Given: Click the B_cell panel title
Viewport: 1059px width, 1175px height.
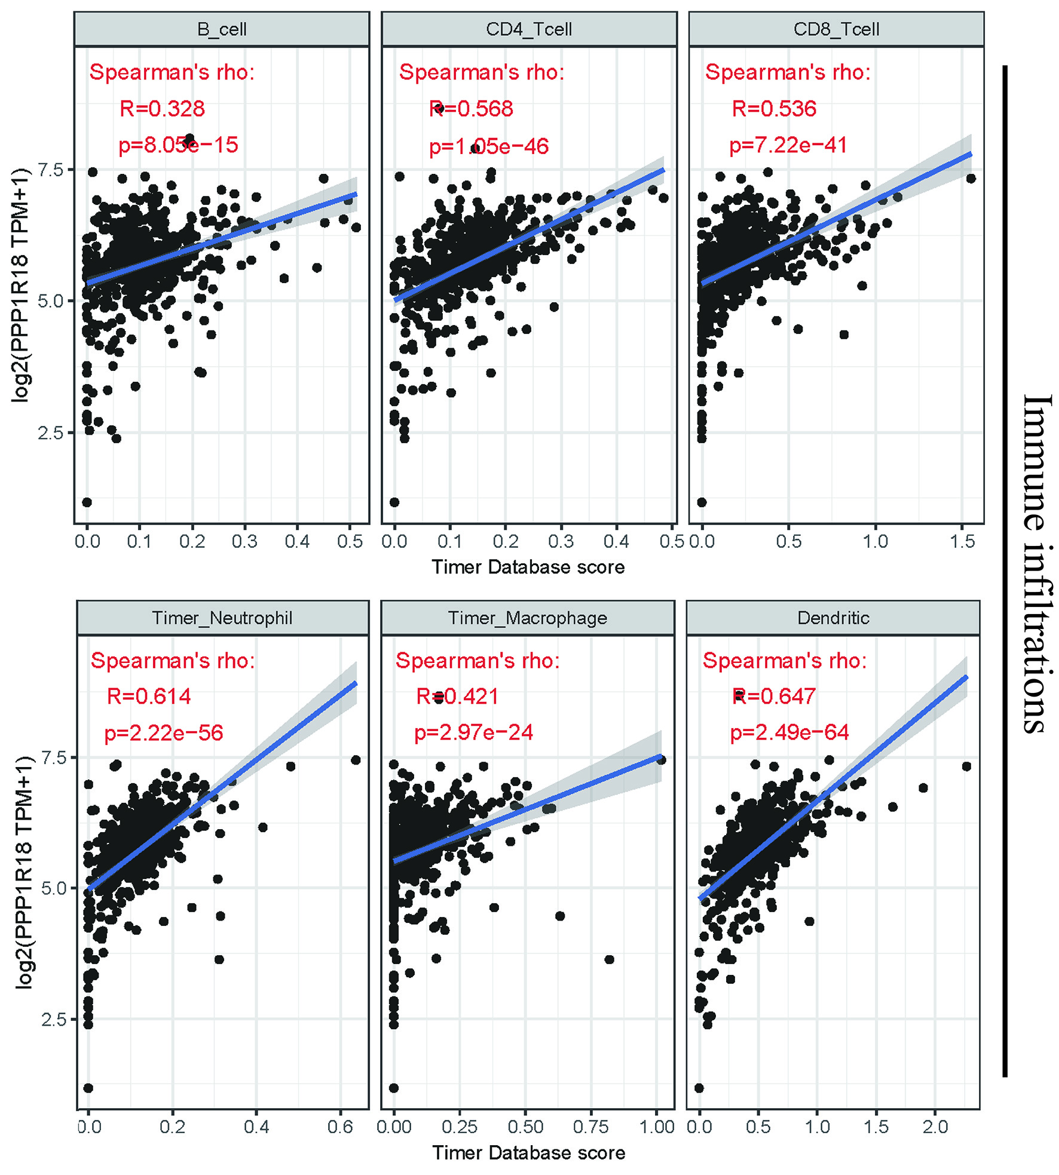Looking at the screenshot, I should pos(222,29).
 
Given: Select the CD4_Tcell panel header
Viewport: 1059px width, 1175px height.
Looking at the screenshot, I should pos(529,29).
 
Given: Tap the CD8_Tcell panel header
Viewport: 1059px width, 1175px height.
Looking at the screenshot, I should pos(836,29).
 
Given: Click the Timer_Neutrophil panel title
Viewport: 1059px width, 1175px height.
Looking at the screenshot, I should pos(222,618).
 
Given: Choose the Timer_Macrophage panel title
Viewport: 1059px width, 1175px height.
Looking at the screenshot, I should pos(528,618).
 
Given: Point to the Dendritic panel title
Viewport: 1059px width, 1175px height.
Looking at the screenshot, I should pos(833,618).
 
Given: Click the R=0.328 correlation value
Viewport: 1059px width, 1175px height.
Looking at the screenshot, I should pos(162,109).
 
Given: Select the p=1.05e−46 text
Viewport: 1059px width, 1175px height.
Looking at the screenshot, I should pos(489,146).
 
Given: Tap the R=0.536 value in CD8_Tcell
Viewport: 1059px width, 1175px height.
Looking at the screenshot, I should pos(774,109).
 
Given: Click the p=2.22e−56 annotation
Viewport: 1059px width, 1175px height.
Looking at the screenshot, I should pos(164,733).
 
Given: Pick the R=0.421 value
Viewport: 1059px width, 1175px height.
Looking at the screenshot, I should pos(457,697).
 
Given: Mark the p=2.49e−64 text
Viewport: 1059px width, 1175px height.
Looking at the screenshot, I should pos(789,732).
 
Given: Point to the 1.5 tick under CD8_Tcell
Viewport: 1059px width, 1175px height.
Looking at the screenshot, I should pos(962,541).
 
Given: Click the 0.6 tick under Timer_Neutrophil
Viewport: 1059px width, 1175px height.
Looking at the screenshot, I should pos(340,1127).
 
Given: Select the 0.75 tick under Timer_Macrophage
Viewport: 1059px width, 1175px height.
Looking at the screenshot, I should pos(590,1127).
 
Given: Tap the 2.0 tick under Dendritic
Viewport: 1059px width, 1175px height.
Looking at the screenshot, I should pos(935,1127).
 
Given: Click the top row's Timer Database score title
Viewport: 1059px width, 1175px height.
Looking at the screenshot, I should pos(528,567).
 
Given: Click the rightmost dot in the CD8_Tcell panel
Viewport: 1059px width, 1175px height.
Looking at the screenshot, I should pos(971,179).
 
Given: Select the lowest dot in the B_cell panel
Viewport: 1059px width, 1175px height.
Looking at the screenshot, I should pos(87,502).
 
